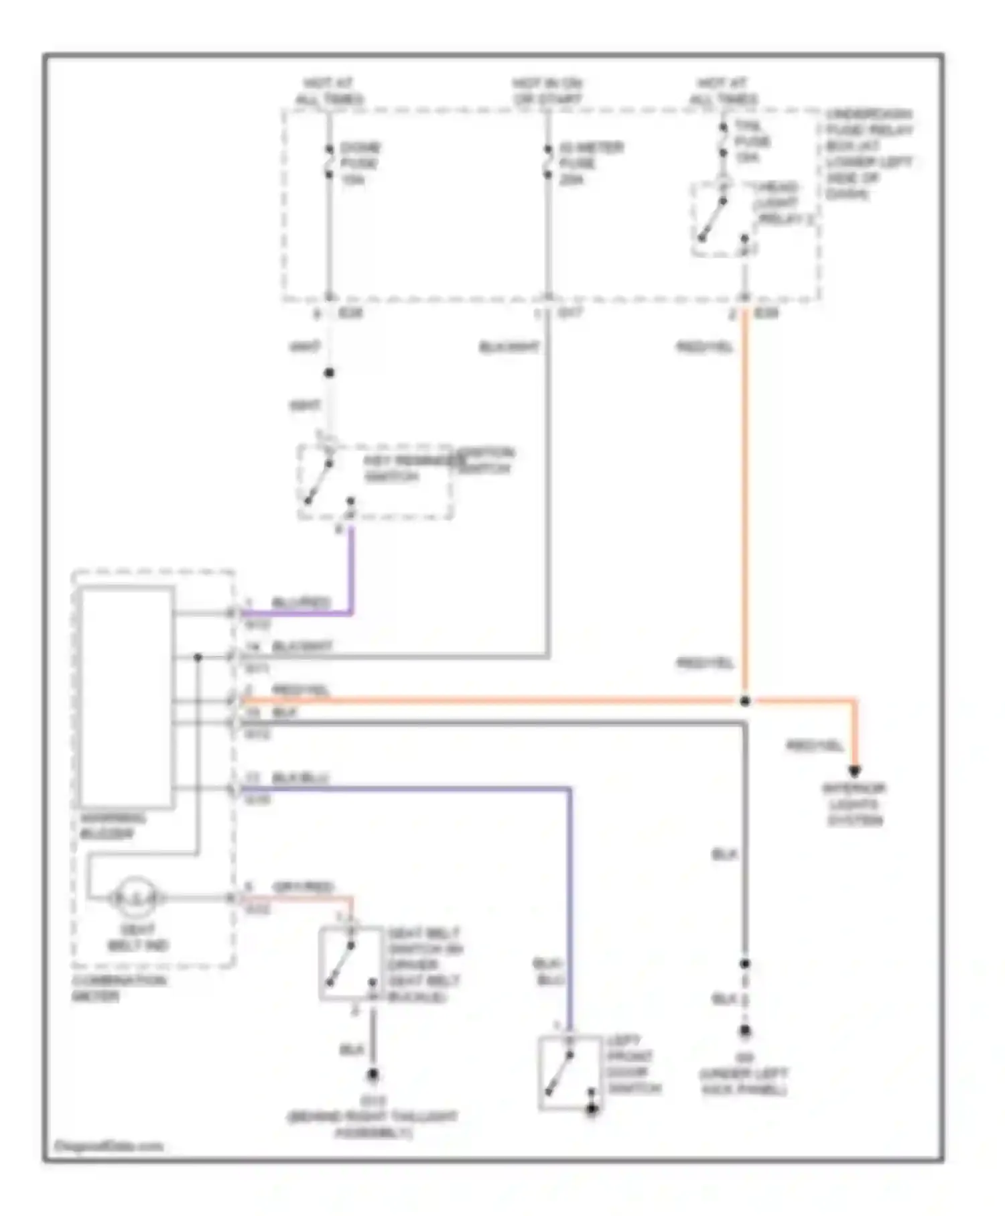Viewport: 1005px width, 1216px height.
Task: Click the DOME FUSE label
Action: [359, 163]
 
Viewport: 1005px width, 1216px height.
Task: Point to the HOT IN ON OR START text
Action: [547, 91]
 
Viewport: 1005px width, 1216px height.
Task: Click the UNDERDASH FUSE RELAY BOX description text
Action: [868, 154]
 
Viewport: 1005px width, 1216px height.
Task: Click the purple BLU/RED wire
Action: [350, 576]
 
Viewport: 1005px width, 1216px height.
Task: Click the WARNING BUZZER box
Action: [126, 697]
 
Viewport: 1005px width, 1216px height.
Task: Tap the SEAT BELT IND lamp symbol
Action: [135, 897]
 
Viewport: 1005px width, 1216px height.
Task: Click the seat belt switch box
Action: [349, 963]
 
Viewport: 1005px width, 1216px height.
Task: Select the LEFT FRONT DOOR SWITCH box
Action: [569, 1073]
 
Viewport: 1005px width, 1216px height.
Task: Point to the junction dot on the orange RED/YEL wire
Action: [744, 701]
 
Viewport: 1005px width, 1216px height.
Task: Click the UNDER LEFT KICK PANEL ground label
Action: [744, 1081]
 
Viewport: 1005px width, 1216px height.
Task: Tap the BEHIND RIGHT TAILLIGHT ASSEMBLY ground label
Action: [373, 1124]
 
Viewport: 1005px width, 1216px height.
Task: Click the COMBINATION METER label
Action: [119, 988]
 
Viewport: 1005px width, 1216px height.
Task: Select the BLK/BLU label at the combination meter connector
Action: [300, 778]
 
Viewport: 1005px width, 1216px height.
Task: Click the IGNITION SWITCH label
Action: [485, 461]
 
